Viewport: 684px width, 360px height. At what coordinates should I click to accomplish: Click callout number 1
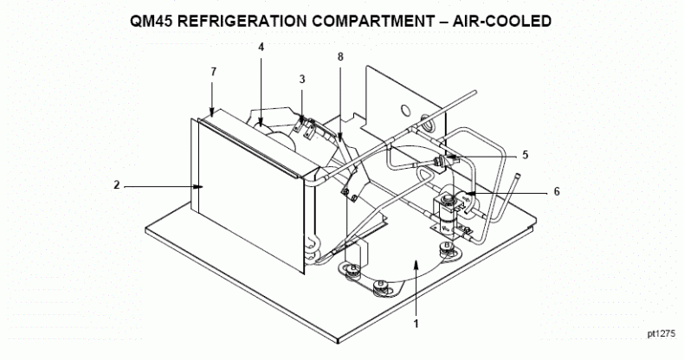[416, 324]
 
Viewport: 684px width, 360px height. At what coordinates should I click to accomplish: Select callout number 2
[117, 185]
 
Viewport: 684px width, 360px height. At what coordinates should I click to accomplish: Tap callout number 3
[302, 80]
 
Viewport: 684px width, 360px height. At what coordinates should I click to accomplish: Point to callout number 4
[261, 47]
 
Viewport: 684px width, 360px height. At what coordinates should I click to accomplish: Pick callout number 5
[526, 155]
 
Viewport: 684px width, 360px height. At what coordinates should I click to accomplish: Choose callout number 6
[557, 191]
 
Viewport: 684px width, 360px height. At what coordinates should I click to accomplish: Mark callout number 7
[213, 72]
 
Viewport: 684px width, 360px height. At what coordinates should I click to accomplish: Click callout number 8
[340, 56]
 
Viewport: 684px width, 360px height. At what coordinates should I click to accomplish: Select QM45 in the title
[152, 21]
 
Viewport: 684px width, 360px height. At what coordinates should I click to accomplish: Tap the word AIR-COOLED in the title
[501, 21]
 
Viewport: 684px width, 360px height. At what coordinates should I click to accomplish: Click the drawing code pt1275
[661, 334]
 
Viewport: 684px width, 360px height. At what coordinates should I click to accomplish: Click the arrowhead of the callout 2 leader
[200, 187]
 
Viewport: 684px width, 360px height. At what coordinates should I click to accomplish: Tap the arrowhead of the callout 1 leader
[416, 263]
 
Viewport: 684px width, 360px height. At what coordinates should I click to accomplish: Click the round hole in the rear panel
[405, 111]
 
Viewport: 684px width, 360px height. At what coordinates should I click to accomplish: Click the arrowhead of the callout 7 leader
[212, 113]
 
